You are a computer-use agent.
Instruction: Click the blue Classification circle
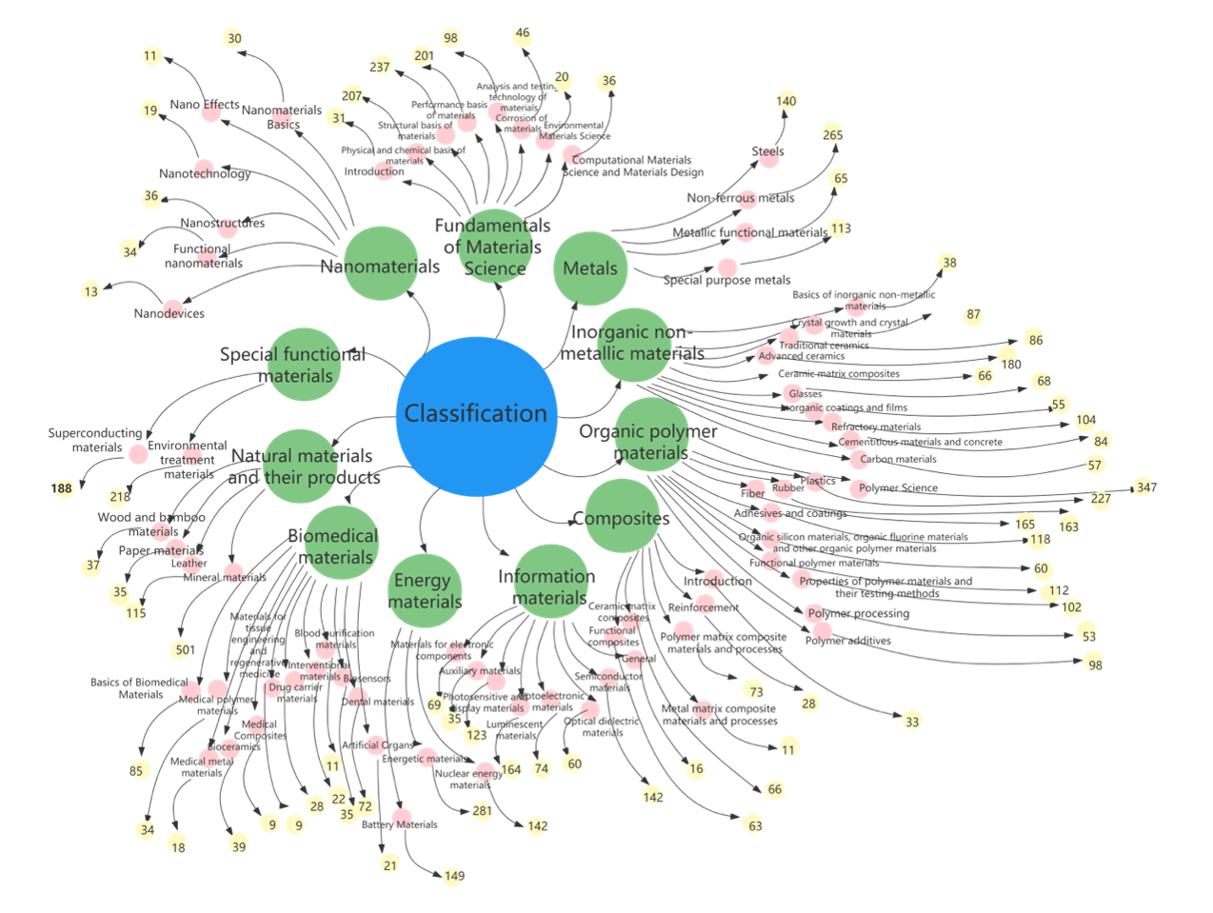tap(476, 415)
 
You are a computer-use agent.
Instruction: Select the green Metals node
tap(590, 268)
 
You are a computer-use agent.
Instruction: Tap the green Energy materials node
tap(425, 591)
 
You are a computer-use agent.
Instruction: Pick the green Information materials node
tap(549, 583)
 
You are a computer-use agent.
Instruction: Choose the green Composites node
tap(622, 517)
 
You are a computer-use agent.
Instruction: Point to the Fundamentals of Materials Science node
tap(494, 247)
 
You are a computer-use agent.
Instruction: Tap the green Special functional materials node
tap(304, 364)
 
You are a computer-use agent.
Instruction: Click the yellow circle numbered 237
tap(381, 67)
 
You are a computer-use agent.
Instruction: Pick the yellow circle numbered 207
tap(353, 95)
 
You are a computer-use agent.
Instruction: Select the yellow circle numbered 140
tap(786, 101)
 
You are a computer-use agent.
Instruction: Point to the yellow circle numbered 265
tap(832, 134)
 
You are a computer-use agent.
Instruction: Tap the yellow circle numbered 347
tap(1144, 487)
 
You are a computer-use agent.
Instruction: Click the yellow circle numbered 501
tap(182, 649)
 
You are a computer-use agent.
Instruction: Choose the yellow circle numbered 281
tap(482, 810)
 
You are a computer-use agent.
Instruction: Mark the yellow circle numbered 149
tap(453, 875)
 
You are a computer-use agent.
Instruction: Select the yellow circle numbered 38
tap(948, 263)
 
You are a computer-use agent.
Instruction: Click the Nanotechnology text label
tap(205, 173)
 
